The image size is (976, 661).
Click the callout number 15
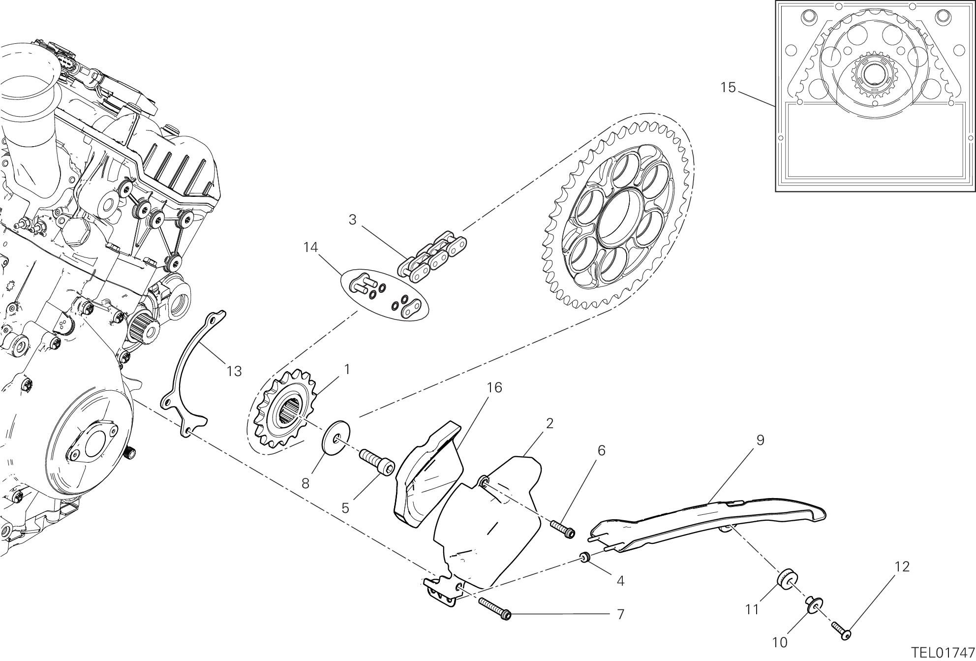(728, 88)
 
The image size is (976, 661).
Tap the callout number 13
(234, 371)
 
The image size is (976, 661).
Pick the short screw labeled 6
(562, 529)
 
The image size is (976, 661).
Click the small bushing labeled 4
(585, 558)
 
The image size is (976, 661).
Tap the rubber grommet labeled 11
(786, 580)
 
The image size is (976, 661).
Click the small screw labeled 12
(841, 631)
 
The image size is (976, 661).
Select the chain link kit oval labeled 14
(385, 295)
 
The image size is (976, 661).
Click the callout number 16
(494, 388)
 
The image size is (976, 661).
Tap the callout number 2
(549, 423)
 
